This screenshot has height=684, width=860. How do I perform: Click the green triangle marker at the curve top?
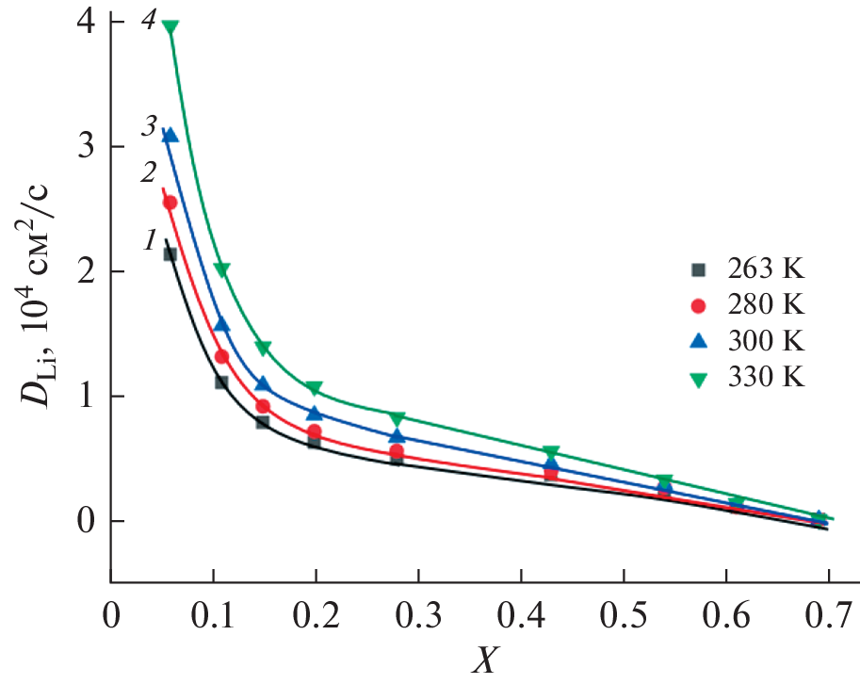pos(170,27)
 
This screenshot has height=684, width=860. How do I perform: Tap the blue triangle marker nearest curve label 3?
pos(170,135)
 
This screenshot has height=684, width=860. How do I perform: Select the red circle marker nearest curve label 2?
pos(170,203)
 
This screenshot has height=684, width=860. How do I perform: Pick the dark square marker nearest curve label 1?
pos(170,253)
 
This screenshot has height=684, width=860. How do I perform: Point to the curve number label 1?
pos(149,241)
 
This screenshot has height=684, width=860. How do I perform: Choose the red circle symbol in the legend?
pos(698,305)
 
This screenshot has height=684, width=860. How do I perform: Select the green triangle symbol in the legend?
pos(698,380)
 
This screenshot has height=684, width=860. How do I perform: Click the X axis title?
pos(482,662)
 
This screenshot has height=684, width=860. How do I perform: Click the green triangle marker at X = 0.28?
pos(397,417)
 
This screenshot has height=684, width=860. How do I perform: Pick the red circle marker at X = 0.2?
pos(315,432)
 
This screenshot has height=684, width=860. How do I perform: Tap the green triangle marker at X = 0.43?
pos(551,452)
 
